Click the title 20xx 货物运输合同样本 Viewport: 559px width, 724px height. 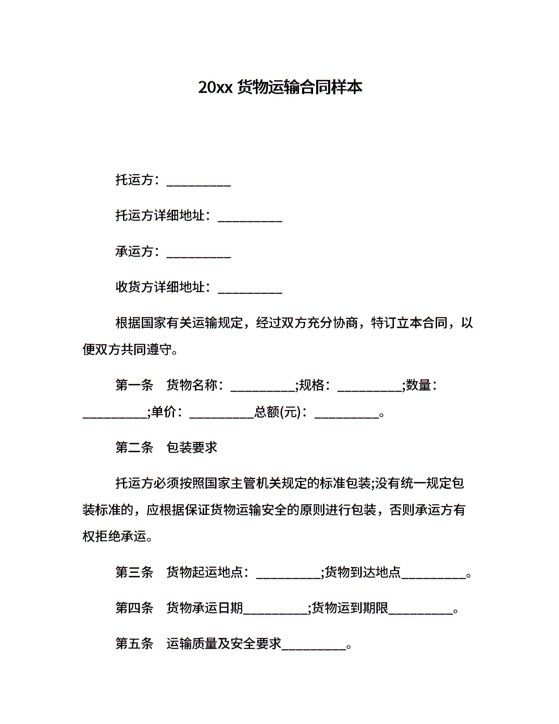click(x=280, y=87)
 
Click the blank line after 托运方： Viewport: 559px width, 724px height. click(x=199, y=182)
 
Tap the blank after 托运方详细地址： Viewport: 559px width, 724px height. click(x=250, y=218)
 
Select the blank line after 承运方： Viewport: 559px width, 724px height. click(x=199, y=254)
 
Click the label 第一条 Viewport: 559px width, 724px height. click(x=134, y=385)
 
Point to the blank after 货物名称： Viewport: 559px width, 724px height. click(x=263, y=387)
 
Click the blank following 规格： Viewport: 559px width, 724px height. click(x=369, y=387)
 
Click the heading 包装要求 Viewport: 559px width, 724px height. click(x=192, y=447)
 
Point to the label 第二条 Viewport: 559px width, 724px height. click(x=134, y=447)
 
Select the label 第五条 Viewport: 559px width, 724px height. click(x=134, y=644)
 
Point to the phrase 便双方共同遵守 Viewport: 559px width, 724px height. click(x=127, y=350)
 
